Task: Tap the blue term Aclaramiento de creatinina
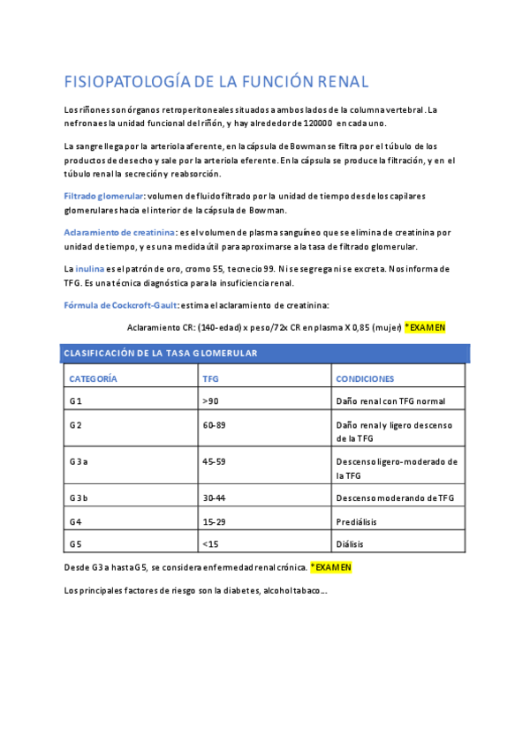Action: click(x=119, y=232)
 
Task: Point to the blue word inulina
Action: click(x=91, y=268)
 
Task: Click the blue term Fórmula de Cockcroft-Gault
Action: click(x=120, y=305)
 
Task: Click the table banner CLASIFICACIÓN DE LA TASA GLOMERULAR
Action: click(x=160, y=353)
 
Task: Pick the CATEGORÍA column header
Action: click(x=93, y=378)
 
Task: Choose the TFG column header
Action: click(x=211, y=378)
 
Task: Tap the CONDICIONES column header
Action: click(x=365, y=378)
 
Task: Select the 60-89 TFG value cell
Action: click(x=214, y=425)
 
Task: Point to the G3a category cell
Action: click(x=79, y=461)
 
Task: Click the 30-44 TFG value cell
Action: click(x=214, y=498)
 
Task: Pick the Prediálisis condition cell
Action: click(x=358, y=521)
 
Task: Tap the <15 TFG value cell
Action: click(x=210, y=544)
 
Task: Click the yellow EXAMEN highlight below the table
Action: click(x=330, y=567)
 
